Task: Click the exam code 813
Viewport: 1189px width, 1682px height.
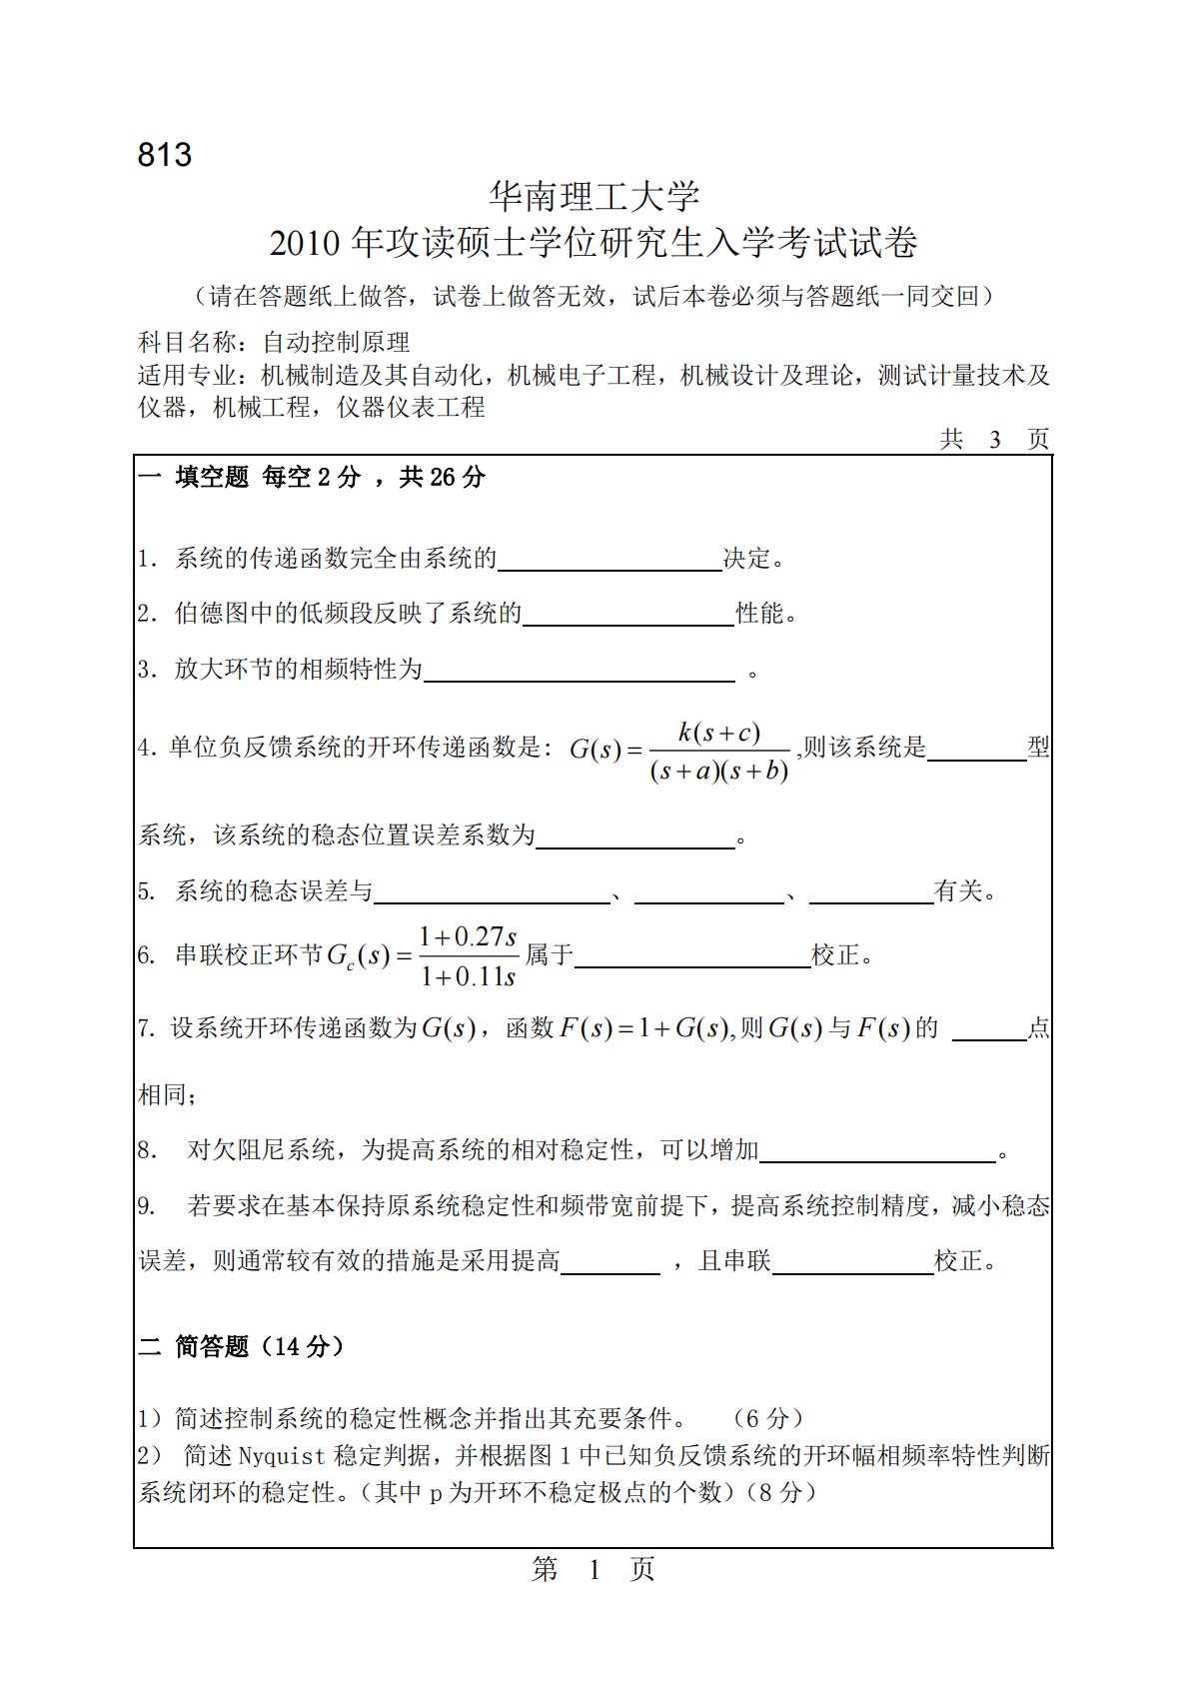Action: (x=165, y=155)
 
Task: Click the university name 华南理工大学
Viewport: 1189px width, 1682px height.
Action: (x=594, y=196)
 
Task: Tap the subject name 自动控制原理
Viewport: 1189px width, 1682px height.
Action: (x=337, y=343)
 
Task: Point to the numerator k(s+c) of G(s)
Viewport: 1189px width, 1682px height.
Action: (x=719, y=733)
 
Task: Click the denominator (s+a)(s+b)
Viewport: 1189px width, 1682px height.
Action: (x=719, y=771)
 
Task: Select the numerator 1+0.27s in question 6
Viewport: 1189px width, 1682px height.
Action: (x=468, y=936)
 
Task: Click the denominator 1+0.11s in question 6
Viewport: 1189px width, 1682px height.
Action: (x=468, y=976)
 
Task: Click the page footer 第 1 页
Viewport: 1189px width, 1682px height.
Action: (x=594, y=1570)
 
